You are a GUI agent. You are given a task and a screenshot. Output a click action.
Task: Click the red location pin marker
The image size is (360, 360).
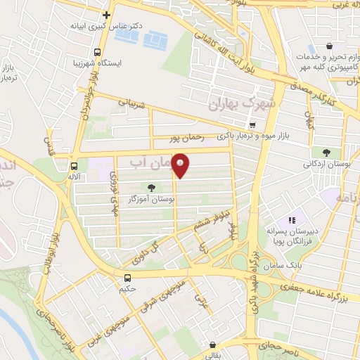click(x=181, y=165)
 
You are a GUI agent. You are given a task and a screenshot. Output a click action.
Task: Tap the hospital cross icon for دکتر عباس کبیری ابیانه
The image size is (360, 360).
click(x=106, y=15)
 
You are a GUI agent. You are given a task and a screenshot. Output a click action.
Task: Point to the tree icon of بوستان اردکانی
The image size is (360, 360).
click(x=326, y=151)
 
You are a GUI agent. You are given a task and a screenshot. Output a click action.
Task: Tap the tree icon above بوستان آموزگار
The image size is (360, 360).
click(x=152, y=187)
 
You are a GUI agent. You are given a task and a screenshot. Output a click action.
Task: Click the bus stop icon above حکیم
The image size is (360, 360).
click(x=128, y=278)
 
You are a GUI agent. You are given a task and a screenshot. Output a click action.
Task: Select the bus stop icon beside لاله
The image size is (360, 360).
click(x=74, y=166)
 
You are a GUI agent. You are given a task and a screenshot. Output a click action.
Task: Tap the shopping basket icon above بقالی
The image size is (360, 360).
click(x=212, y=345)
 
